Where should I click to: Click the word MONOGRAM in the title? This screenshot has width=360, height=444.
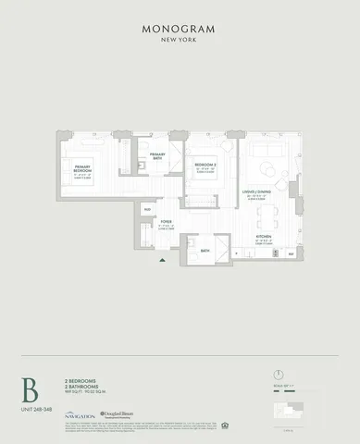[180, 29]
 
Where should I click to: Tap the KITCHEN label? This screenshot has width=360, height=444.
[264, 240]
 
